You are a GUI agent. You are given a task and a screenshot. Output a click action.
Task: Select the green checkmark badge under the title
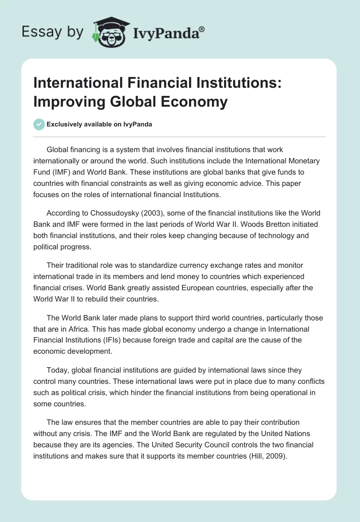(39, 125)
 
